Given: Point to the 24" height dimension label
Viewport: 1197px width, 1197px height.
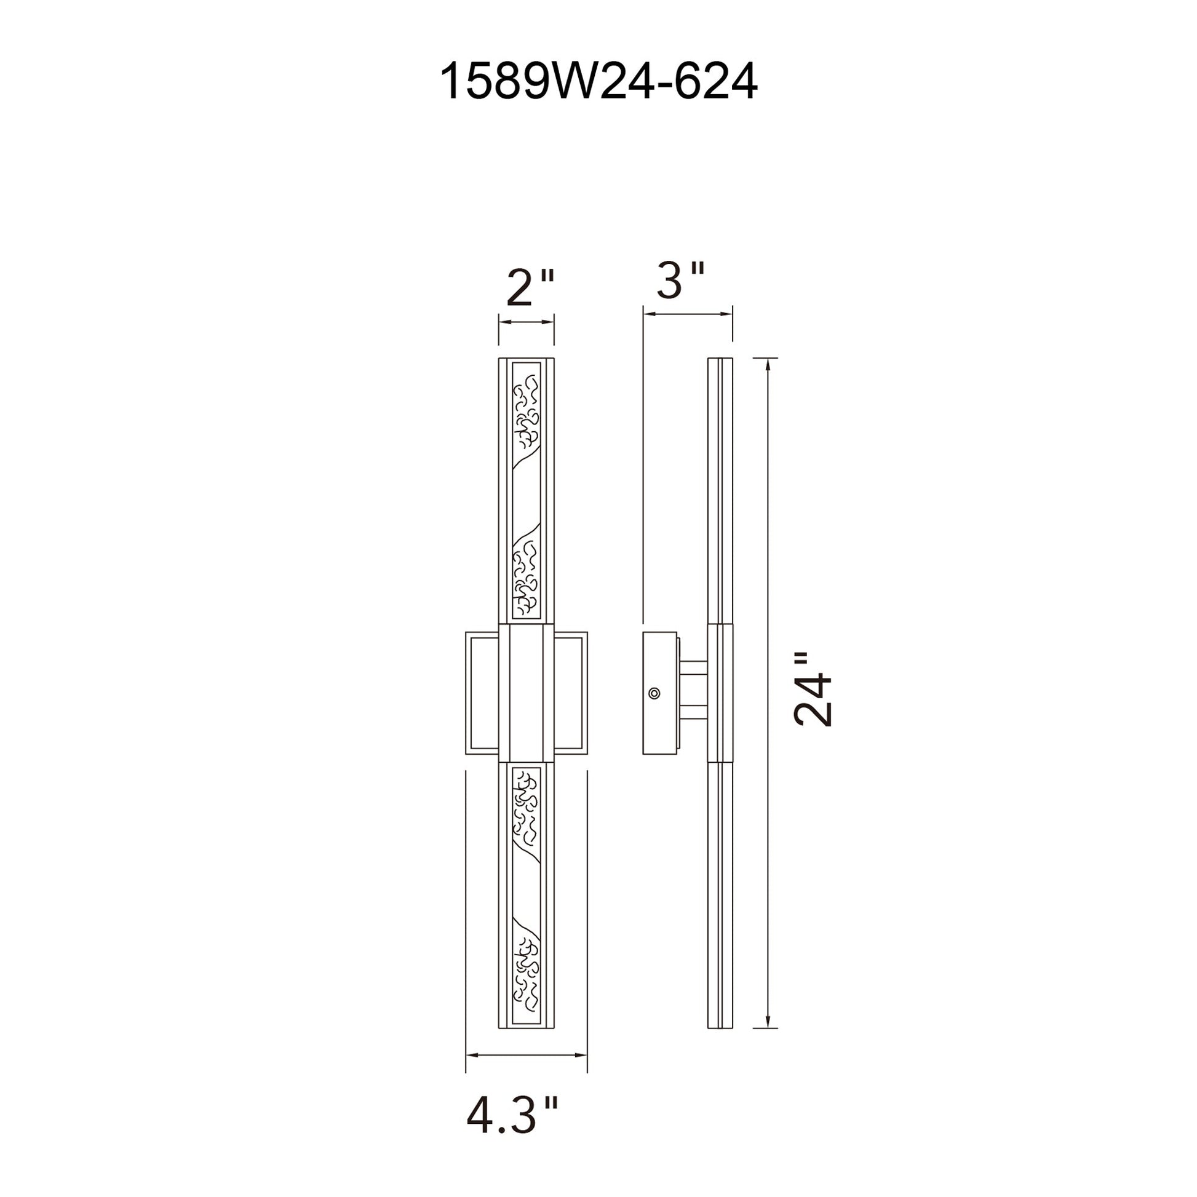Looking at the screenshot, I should click(814, 688).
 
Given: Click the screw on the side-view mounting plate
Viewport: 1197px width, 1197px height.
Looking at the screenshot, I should click(654, 693).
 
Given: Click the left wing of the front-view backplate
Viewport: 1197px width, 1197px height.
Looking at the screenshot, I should click(483, 693).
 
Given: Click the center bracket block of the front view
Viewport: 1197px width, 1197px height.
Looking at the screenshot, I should click(526, 693).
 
